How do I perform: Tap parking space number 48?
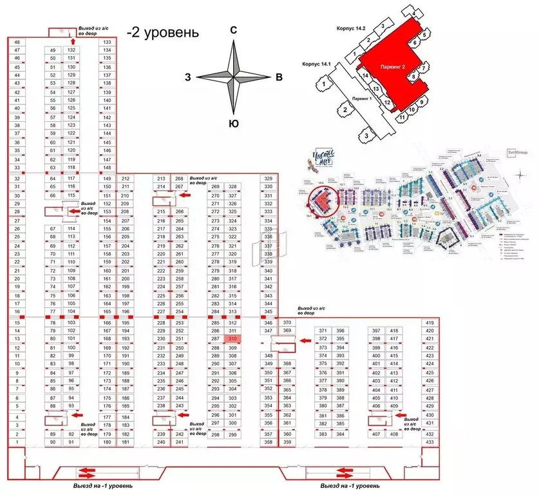tap(17, 43)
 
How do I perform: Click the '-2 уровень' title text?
tap(162, 32)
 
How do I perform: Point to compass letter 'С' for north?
tap(235, 30)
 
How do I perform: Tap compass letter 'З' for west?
tap(187, 77)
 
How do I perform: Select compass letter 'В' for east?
tap(279, 77)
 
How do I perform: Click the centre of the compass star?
tap(235, 77)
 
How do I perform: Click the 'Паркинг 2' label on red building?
tap(392, 66)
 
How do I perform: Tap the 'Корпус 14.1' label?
tap(316, 64)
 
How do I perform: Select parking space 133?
tap(108, 43)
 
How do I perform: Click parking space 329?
tap(269, 179)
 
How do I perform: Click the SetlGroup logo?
tap(517, 153)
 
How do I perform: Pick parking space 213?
tap(161, 179)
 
